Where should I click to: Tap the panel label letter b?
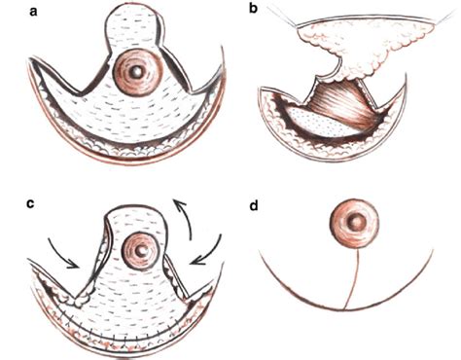tap(254, 12)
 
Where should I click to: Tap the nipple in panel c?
tap(142, 250)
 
